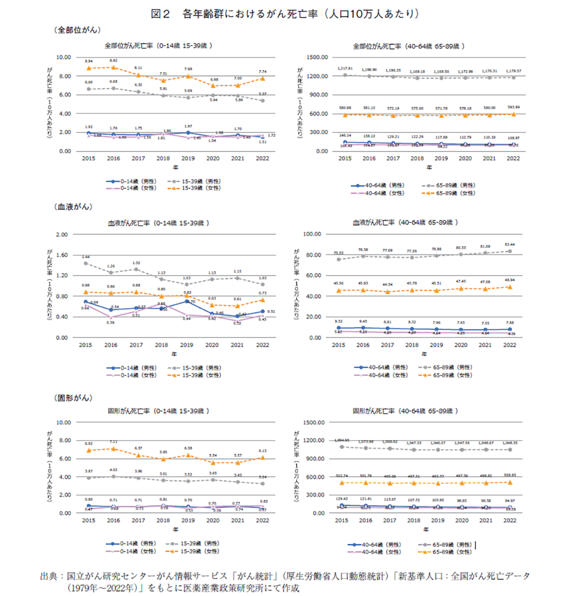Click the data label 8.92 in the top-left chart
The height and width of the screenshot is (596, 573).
(113, 61)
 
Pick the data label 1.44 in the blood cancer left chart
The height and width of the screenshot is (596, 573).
(85, 257)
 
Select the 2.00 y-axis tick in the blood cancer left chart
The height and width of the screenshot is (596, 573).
(63, 234)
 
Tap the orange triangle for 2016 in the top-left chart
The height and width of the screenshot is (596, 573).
(113, 67)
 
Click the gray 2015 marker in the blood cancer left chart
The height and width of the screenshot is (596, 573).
(85, 263)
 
